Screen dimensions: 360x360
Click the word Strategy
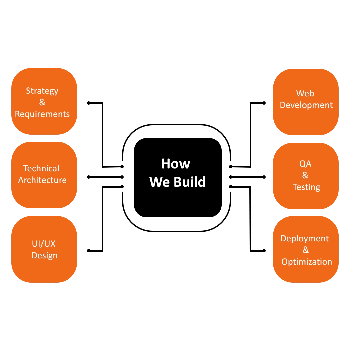tap(42, 91)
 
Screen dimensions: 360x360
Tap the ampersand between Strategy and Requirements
tap(42, 102)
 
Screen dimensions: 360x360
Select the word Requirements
tap(42, 114)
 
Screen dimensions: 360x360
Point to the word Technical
tap(41, 168)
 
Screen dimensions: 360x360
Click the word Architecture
tap(42, 180)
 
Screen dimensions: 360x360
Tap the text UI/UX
tap(44, 244)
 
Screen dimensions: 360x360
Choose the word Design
tap(44, 255)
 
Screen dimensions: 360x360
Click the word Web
tap(305, 93)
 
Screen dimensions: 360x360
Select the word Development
tap(306, 105)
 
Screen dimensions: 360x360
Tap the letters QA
tap(305, 164)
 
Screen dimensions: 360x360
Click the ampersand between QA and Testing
tap(305, 175)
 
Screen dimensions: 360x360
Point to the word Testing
tap(306, 187)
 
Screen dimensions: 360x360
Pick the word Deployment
tap(304, 239)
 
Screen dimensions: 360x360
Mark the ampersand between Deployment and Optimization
tap(306, 250)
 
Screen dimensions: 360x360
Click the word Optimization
tap(307, 262)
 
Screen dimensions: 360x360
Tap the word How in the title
tap(176, 164)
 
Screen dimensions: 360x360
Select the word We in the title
tap(159, 182)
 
